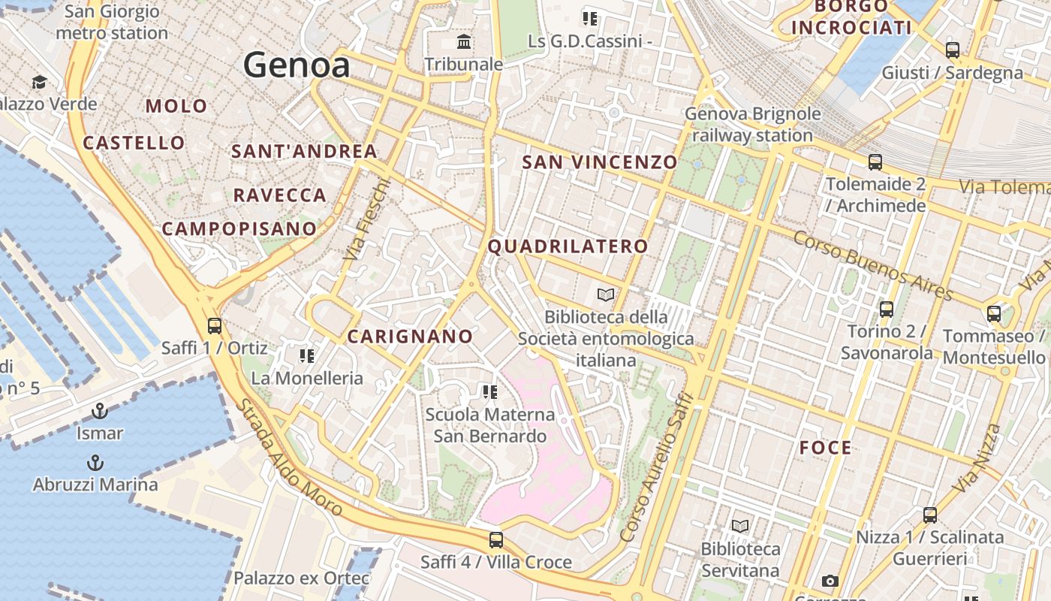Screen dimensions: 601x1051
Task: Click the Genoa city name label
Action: pos(297,65)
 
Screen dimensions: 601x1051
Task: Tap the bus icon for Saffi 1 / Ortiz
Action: pos(215,326)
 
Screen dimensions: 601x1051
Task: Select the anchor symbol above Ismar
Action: pos(99,411)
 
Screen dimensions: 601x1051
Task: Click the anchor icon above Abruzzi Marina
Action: pos(95,462)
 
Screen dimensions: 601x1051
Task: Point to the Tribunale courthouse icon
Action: pos(464,41)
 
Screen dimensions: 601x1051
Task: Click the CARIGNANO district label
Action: pos(410,337)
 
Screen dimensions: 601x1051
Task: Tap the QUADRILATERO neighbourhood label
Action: pos(568,246)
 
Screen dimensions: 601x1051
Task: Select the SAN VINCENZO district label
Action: pos(599,162)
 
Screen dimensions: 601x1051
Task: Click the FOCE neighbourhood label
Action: pos(825,448)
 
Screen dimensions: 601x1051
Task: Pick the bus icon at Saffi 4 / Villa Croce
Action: pos(495,539)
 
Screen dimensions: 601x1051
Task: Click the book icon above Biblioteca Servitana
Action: pos(740,526)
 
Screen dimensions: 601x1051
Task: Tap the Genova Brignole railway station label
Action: pos(752,125)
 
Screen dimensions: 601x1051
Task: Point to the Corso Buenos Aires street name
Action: pos(872,265)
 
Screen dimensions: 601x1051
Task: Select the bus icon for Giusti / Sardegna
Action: pos(952,50)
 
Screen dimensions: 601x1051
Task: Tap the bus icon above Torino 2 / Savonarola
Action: pos(886,309)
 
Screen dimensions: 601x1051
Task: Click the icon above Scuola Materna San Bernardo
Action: pos(489,391)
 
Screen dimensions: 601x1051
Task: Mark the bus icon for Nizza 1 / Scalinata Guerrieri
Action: pos(929,515)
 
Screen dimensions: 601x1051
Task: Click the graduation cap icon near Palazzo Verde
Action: pos(39,81)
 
